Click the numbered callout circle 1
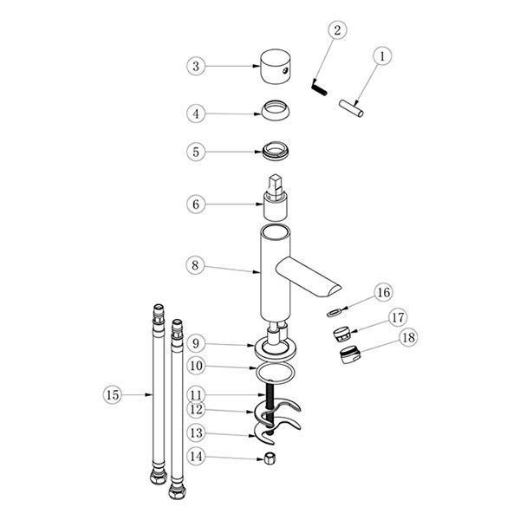(382, 56)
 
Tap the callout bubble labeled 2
(337, 30)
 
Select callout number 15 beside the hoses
(113, 394)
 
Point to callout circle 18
(408, 338)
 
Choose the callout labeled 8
(195, 265)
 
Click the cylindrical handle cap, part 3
(276, 67)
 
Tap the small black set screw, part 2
(320, 87)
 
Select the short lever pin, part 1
(351, 108)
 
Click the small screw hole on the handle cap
(284, 70)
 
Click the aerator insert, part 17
(341, 334)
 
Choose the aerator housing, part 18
(350, 354)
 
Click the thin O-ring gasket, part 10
(276, 373)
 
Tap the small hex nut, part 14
(270, 458)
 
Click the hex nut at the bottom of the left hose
(159, 477)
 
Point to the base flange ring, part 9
(276, 356)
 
